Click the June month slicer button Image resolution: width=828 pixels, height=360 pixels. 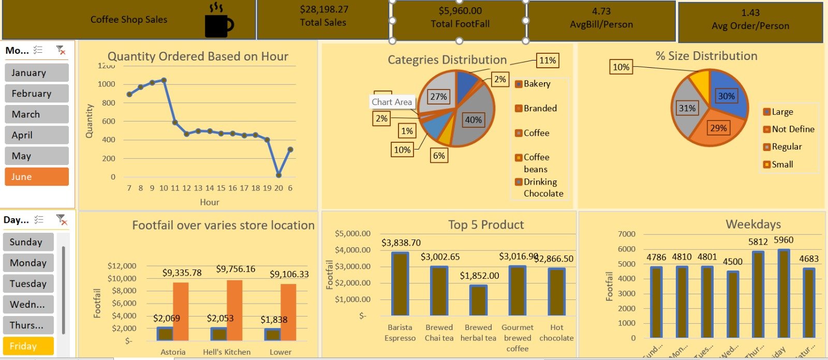click(37, 176)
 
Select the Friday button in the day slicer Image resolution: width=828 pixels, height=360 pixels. click(28, 346)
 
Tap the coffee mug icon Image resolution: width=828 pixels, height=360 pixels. click(218, 21)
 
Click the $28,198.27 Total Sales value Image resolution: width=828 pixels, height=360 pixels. click(324, 9)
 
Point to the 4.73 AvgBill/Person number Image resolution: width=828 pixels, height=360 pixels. click(601, 11)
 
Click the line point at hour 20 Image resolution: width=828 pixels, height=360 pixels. click(279, 175)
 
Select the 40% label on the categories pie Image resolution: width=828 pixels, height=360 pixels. click(473, 119)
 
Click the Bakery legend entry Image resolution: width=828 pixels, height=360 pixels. click(536, 84)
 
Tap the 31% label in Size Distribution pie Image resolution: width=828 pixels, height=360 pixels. click(687, 108)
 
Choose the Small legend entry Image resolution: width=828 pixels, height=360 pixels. click(781, 164)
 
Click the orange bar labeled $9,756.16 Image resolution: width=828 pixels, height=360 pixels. click(234, 310)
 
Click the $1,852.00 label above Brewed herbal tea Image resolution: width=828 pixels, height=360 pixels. click(479, 276)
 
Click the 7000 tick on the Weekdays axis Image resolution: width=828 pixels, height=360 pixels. click(626, 234)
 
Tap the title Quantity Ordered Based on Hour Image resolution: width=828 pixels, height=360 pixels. click(198, 56)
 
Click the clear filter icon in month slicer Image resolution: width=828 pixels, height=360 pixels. click(61, 50)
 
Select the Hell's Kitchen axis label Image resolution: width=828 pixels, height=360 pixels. click(227, 352)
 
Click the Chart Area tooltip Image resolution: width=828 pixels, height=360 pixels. click(392, 102)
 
